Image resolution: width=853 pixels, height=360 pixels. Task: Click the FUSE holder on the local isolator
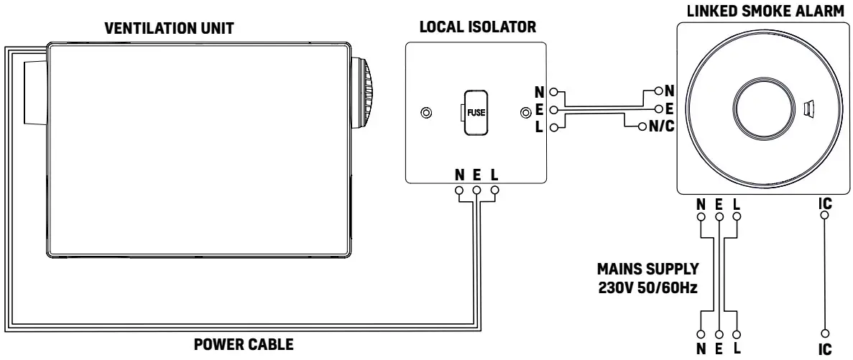tap(475, 113)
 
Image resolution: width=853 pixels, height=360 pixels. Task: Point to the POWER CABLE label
tap(244, 345)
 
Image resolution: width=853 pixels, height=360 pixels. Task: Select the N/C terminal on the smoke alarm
tap(641, 128)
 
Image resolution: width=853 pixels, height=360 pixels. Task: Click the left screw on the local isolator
tap(426, 113)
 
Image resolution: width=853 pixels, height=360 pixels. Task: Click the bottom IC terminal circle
tap(825, 333)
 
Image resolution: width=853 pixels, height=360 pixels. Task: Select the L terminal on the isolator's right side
tap(553, 128)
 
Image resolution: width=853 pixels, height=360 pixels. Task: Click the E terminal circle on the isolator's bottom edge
tap(476, 190)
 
